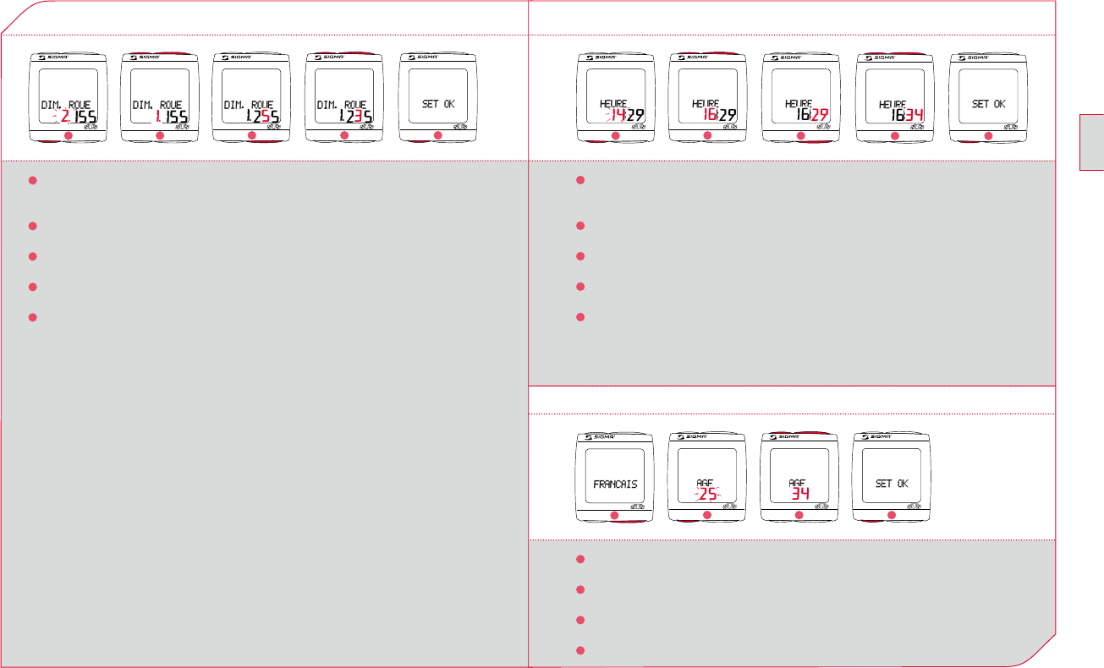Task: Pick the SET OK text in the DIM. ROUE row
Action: coord(437,104)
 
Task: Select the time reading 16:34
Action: coord(896,116)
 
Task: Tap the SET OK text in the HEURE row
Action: coord(988,104)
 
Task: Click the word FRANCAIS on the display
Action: coord(615,485)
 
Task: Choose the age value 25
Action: coord(706,496)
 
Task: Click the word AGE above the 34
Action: coord(797,483)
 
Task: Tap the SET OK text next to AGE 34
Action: coord(892,484)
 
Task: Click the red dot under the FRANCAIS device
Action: coord(615,516)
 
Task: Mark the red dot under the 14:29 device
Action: coord(615,136)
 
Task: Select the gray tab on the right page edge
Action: coord(1091,140)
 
